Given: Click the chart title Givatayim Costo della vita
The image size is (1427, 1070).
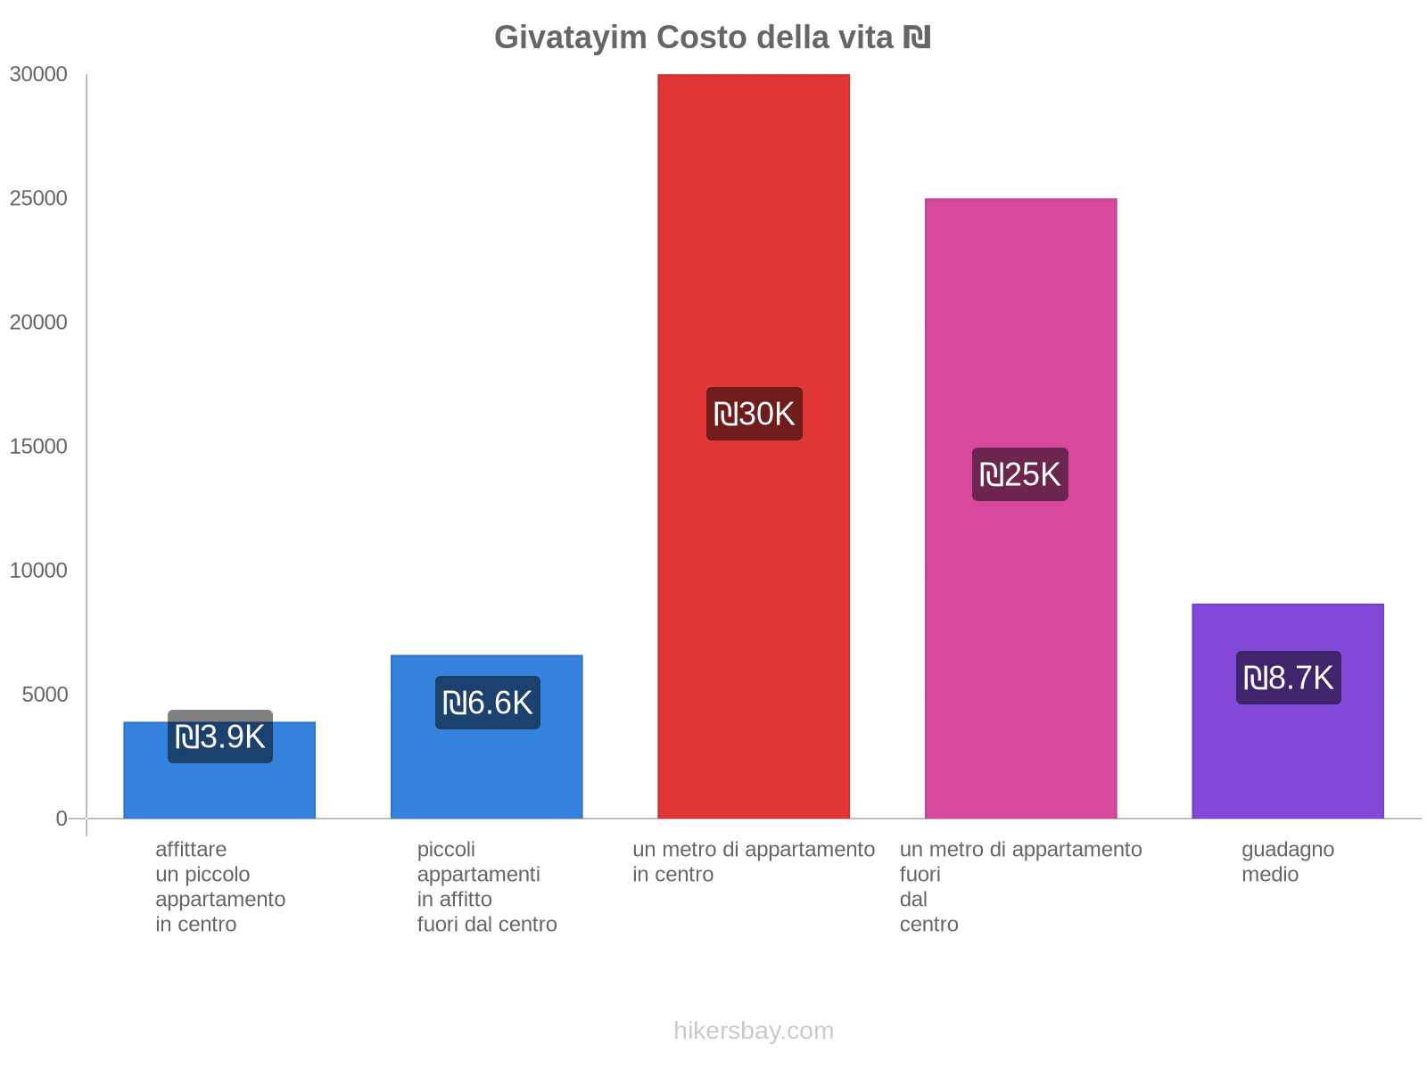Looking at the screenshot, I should click(713, 37).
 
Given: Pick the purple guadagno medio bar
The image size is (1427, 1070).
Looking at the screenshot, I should click(1287, 758).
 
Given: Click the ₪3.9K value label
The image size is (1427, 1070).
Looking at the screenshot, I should click(220, 737).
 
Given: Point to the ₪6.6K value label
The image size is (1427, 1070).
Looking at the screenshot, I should click(488, 704).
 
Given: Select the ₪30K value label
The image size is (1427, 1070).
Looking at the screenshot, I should click(755, 415).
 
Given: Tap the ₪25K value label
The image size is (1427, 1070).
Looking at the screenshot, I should click(1020, 474).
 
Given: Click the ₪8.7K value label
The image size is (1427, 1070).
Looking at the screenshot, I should click(1289, 679).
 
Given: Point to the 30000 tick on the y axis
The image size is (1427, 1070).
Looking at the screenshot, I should click(39, 75).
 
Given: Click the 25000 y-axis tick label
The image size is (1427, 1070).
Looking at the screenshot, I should click(39, 199).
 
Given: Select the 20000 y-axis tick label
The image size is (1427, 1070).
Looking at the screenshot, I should click(39, 323).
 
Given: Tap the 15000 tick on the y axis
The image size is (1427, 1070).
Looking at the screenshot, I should click(39, 447).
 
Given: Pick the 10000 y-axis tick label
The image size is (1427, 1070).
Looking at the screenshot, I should click(39, 571).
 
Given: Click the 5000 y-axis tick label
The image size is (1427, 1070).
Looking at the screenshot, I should click(45, 695).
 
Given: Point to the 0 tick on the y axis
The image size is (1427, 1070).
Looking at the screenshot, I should click(62, 819).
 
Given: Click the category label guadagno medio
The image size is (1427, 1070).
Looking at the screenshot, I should click(1288, 862).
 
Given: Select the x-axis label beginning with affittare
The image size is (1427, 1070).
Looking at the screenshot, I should click(220, 886).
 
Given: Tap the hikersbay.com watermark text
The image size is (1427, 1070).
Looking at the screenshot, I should click(754, 1031).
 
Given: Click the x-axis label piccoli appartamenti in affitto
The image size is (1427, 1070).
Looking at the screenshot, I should click(487, 886).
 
